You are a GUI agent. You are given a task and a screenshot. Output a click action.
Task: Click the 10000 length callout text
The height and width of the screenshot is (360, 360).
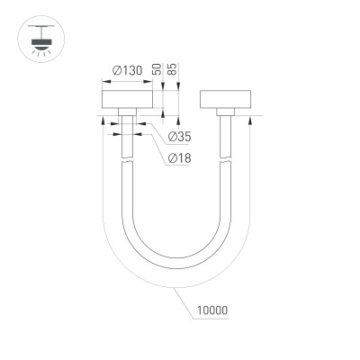(x=209, y=311)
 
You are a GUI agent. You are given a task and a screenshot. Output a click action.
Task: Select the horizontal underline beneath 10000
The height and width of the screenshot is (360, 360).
(x=209, y=320)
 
